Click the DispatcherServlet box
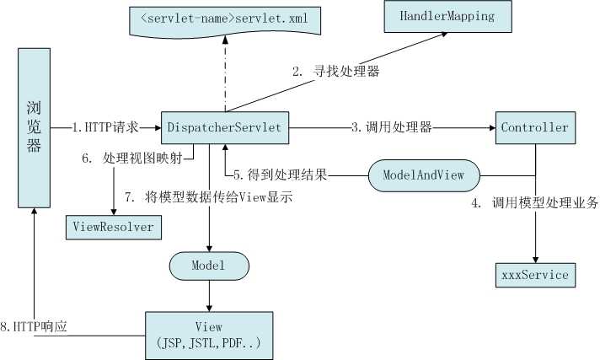(226, 127)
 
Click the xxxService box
(534, 274)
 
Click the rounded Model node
(209, 266)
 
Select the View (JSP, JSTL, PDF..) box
(209, 335)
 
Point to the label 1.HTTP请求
(104, 127)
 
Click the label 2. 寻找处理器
(335, 73)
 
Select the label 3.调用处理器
(391, 127)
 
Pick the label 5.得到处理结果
(280, 176)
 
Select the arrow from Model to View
(209, 295)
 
